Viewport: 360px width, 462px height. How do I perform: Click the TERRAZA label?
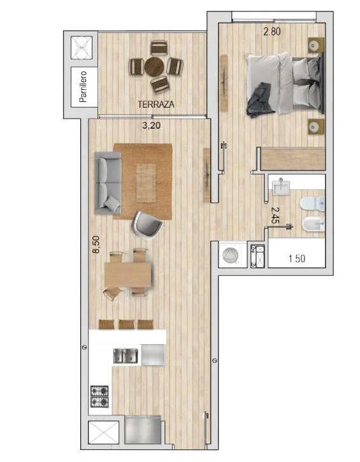(x=156, y=104)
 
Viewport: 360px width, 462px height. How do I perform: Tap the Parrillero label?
(x=83, y=87)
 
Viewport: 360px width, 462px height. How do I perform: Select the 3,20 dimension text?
(x=152, y=126)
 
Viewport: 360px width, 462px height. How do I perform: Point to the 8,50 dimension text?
(x=96, y=245)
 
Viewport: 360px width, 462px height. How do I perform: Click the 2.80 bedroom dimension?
(x=272, y=31)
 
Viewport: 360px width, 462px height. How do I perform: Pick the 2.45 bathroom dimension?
(x=275, y=215)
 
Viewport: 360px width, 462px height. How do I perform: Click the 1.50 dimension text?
(x=297, y=259)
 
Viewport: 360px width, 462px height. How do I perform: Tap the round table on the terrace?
(x=154, y=66)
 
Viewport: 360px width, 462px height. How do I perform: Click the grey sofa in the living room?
(x=108, y=182)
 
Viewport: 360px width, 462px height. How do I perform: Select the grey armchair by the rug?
(x=147, y=225)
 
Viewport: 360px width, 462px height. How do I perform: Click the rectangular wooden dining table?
(x=128, y=275)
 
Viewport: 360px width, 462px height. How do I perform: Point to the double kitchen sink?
(x=126, y=356)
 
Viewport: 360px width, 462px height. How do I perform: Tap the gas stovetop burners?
(x=99, y=396)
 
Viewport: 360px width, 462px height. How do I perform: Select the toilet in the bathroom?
(x=312, y=204)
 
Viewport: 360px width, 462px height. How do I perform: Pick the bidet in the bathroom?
(x=313, y=226)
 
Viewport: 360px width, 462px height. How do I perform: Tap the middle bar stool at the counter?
(x=126, y=324)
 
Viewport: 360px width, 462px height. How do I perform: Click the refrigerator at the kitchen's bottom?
(x=143, y=430)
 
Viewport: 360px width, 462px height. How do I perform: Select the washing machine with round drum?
(x=231, y=255)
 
